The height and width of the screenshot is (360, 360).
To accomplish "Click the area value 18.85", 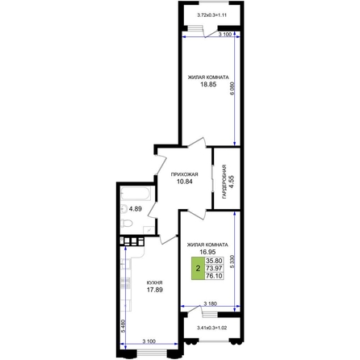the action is [x=208, y=85].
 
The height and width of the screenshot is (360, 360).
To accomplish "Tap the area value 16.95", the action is [x=207, y=252].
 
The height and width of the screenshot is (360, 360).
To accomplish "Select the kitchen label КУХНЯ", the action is [x=154, y=283].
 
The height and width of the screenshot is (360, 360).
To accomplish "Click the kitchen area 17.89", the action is [x=155, y=290].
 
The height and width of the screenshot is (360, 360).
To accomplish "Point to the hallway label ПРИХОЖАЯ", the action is [x=185, y=174].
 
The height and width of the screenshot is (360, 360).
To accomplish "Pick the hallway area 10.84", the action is [x=185, y=182].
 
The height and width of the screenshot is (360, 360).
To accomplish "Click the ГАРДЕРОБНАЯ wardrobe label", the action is [x=224, y=182].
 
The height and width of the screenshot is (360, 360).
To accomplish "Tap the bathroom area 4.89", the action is [x=136, y=209].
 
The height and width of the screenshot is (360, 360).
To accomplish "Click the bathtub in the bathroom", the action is [x=136, y=194].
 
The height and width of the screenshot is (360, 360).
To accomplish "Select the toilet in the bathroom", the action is [x=127, y=223].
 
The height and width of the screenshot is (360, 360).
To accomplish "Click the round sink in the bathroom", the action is [x=124, y=209].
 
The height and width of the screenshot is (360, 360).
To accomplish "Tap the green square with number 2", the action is [x=198, y=268].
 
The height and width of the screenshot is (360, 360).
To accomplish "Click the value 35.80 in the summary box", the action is [x=214, y=261].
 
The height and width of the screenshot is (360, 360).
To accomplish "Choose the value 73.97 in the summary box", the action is [x=214, y=268].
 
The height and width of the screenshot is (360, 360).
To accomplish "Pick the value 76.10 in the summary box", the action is [x=214, y=276].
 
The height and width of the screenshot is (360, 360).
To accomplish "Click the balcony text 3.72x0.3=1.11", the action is [x=211, y=15].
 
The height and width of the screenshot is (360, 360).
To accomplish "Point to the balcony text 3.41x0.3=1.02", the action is [x=211, y=328].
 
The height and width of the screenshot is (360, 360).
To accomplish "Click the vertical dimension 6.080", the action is [x=232, y=88].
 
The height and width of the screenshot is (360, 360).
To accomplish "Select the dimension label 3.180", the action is [x=210, y=303].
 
